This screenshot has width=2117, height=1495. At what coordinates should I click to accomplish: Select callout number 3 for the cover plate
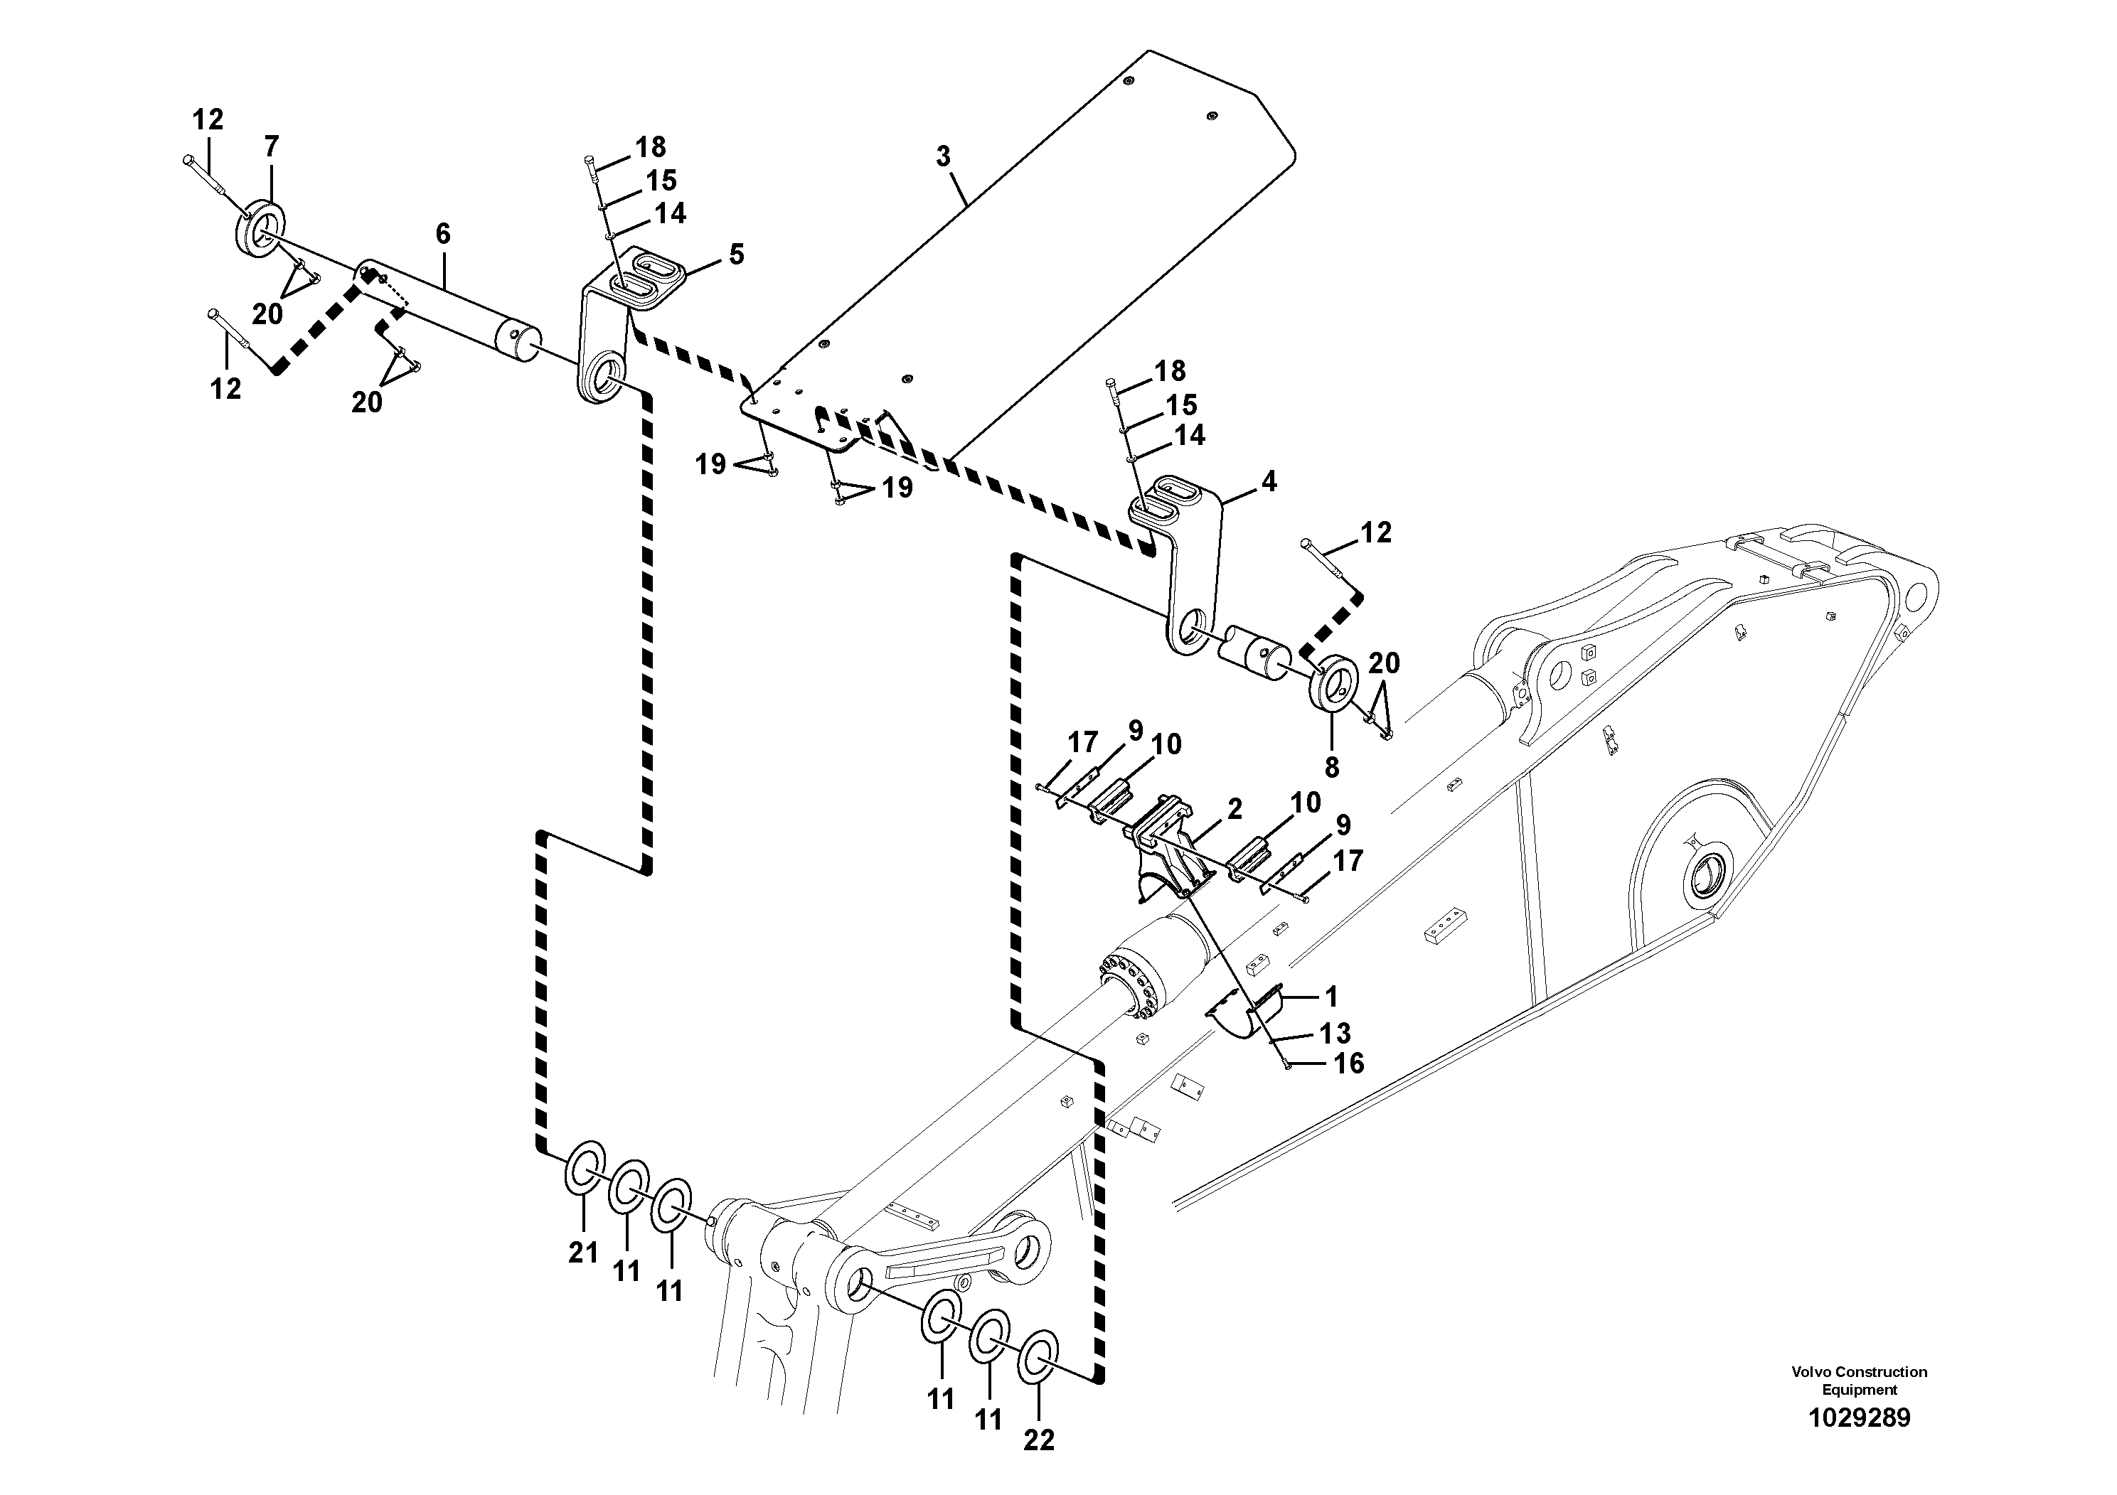click(x=942, y=156)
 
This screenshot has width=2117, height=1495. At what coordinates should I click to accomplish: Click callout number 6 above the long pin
click(x=442, y=234)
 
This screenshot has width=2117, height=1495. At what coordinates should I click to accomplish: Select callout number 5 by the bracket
click(x=736, y=254)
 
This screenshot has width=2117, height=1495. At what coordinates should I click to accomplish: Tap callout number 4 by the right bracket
click(x=1269, y=481)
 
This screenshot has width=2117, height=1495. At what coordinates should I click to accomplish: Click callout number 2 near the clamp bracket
click(x=1234, y=809)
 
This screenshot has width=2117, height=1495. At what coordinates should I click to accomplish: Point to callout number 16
click(x=1348, y=1063)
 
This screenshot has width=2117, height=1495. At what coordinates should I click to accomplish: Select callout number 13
click(x=1334, y=1033)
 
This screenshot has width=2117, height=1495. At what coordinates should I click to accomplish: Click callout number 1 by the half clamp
click(x=1331, y=997)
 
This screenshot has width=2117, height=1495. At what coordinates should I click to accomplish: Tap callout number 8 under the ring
click(x=1331, y=767)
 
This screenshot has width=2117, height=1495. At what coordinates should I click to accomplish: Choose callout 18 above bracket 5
click(x=650, y=146)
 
